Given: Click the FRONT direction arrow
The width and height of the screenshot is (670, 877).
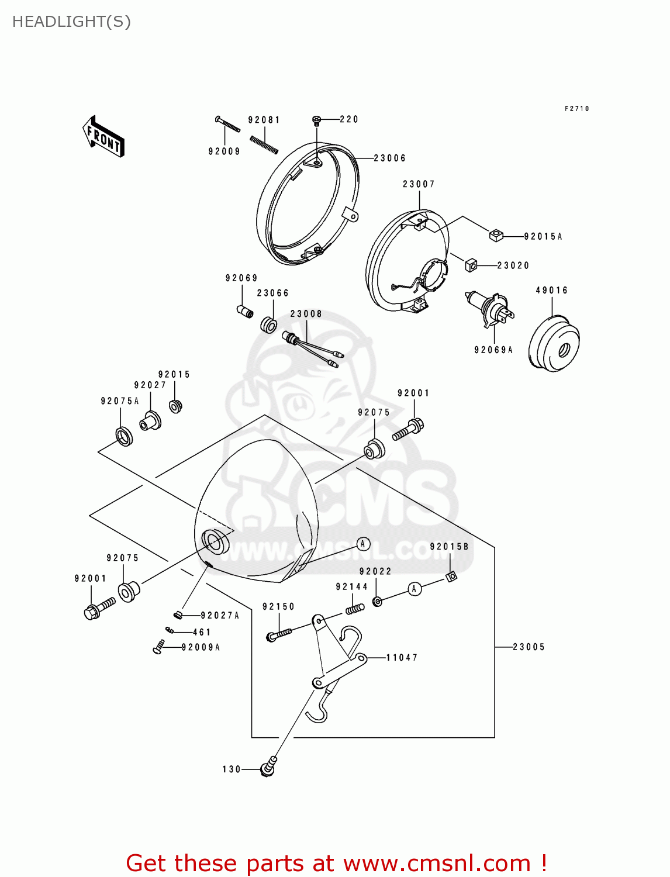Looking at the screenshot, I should (103, 136).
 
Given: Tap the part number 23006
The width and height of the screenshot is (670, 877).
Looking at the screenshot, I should (389, 158).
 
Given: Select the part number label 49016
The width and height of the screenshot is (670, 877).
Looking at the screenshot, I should (551, 291).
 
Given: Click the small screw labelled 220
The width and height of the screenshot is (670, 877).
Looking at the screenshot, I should (317, 120).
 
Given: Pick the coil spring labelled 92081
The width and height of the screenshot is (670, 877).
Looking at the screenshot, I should (263, 143).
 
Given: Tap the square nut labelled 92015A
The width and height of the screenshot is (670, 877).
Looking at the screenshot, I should (496, 235).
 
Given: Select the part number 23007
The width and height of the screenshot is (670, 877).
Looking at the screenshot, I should (419, 184).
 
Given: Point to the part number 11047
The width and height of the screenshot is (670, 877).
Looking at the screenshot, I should (402, 658).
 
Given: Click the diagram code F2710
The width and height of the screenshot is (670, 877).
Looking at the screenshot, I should (576, 109).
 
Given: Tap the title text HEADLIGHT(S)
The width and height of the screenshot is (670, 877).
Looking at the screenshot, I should (71, 22).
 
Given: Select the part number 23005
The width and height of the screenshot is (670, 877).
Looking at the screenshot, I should (529, 647).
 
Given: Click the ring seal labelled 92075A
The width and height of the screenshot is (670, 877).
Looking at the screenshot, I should (124, 436).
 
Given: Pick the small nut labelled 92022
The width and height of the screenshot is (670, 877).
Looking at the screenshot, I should (378, 601).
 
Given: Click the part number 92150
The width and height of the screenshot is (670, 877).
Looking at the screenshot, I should (278, 607).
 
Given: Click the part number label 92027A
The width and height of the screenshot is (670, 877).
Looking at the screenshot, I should (220, 616).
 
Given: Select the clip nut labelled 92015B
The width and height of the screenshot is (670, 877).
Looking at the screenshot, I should (451, 576).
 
